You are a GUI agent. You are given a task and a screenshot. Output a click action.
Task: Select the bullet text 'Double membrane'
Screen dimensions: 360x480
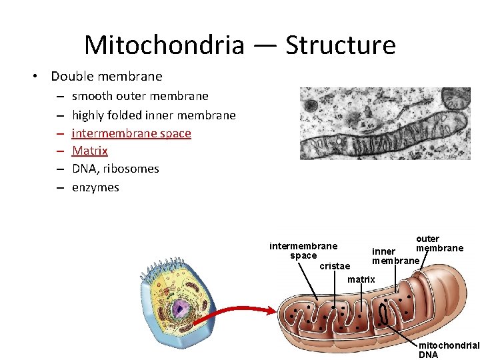(107, 76)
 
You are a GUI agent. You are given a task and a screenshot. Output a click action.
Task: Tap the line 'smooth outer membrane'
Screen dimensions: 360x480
(140, 96)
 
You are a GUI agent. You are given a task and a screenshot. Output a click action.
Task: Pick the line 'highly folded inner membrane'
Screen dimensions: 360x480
(153, 115)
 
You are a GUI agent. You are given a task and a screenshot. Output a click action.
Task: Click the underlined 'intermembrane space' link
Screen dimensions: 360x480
(131, 133)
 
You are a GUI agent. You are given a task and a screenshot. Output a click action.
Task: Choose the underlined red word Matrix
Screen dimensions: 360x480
(90, 151)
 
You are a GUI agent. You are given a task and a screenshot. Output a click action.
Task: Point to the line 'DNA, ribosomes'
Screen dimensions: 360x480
(115, 169)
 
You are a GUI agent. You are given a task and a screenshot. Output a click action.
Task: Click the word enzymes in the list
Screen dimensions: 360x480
(95, 187)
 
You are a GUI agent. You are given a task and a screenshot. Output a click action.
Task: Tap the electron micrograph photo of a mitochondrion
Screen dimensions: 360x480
(385, 123)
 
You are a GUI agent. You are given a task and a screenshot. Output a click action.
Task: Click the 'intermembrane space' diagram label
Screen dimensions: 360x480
(303, 251)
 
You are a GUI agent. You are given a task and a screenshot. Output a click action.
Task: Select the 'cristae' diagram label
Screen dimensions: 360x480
(335, 266)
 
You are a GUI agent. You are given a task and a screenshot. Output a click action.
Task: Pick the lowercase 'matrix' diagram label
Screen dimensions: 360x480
(361, 279)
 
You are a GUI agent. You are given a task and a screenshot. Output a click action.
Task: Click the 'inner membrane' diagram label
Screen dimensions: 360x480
(395, 256)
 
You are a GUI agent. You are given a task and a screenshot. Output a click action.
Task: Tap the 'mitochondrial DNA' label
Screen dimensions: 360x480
(448, 350)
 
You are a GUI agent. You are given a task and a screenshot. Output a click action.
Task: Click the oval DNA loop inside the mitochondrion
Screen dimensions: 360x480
(384, 313)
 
